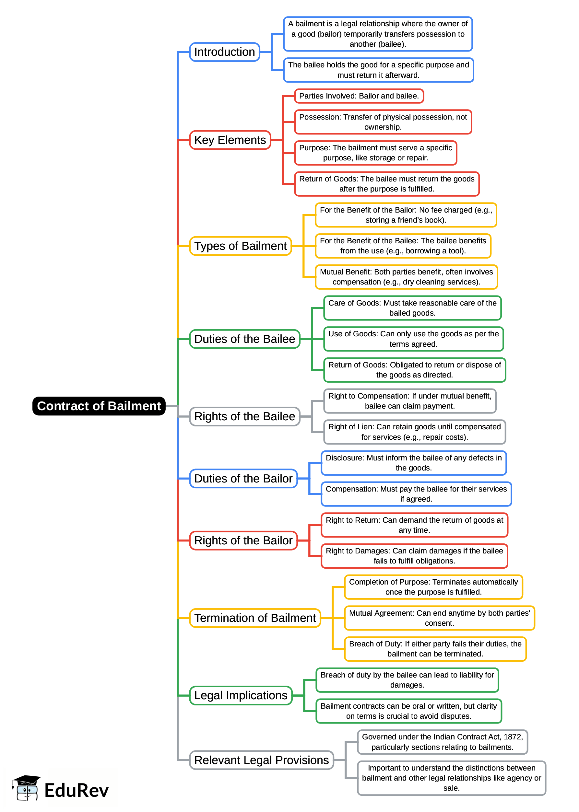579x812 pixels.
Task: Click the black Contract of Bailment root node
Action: [99, 406]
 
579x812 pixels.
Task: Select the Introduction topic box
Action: [224, 52]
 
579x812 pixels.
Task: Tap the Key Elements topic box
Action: [230, 140]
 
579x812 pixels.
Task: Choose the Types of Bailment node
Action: [240, 246]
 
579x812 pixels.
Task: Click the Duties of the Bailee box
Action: [244, 339]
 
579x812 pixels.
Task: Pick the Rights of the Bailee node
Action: [244, 416]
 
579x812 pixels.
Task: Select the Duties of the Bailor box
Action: [243, 479]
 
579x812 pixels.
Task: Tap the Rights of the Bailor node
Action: [243, 540]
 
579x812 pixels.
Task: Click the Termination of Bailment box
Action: [255, 618]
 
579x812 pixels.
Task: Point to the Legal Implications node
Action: [241, 695]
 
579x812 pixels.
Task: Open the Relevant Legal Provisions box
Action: [261, 760]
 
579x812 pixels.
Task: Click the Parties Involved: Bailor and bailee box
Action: [359, 96]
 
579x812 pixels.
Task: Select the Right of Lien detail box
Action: [414, 432]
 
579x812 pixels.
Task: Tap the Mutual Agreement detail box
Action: [439, 618]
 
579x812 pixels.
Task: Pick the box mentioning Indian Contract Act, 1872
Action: [442, 742]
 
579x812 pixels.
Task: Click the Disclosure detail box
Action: [414, 463]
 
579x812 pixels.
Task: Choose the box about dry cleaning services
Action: [406, 277]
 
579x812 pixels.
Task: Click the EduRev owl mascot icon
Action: [26, 788]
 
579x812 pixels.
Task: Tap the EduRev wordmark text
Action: [76, 790]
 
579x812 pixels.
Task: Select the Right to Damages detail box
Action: [414, 556]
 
